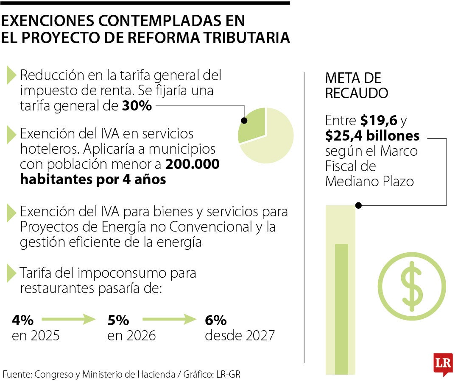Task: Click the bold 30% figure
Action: point(137,106)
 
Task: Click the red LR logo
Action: point(443,363)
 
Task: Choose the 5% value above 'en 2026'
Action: point(118,320)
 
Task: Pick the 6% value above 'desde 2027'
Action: point(215,320)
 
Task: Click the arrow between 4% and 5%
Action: point(68,320)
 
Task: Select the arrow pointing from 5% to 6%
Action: point(167,320)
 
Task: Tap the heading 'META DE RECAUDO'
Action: point(356,86)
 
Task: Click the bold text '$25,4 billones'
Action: point(372,136)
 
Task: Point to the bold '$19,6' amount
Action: point(379,121)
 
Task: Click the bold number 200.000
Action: point(192,164)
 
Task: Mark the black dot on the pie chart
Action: point(244,121)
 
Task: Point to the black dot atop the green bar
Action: point(358,205)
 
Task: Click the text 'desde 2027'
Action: point(240,336)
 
